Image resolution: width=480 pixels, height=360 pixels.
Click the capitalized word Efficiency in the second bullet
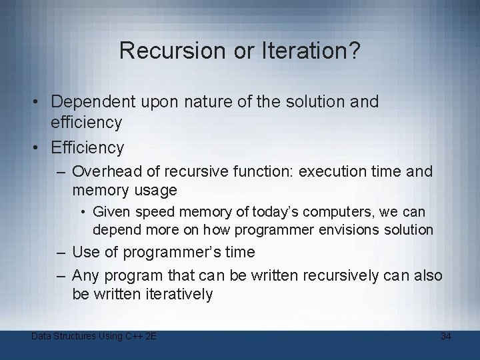point(88,147)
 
